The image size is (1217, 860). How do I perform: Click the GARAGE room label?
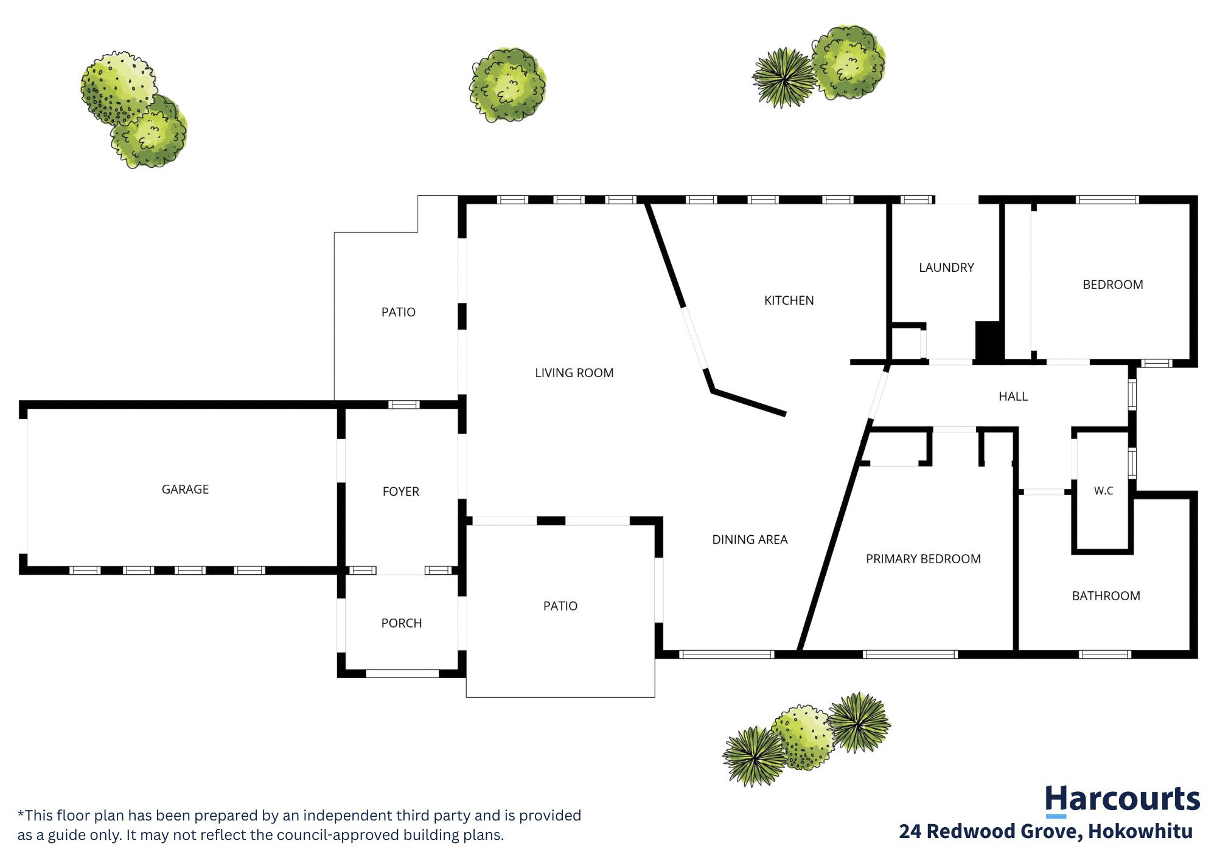[x=185, y=490]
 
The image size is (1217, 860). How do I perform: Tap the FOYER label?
[x=401, y=491]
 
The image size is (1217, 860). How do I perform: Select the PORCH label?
[x=402, y=623]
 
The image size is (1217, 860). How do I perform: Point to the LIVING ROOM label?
[x=574, y=373]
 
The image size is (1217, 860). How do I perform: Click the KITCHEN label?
[x=789, y=300]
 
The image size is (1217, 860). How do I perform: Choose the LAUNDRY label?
[x=946, y=268]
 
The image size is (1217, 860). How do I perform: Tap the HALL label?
[x=1013, y=397]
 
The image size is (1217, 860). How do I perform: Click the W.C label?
[x=1103, y=491]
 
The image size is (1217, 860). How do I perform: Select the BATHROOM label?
[x=1106, y=596]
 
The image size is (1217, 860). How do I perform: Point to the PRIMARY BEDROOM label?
[x=923, y=559]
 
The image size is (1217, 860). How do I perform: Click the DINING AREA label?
[x=750, y=539]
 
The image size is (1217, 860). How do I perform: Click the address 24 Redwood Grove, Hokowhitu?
[x=1046, y=831]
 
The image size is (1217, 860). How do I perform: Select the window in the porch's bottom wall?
[x=402, y=674]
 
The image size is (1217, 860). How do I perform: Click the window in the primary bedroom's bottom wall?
[x=910, y=655]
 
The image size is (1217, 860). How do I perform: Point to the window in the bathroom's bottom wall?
[x=1105, y=655]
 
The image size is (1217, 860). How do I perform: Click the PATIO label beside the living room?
[x=399, y=313]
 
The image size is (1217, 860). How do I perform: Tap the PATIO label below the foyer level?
[x=560, y=606]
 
